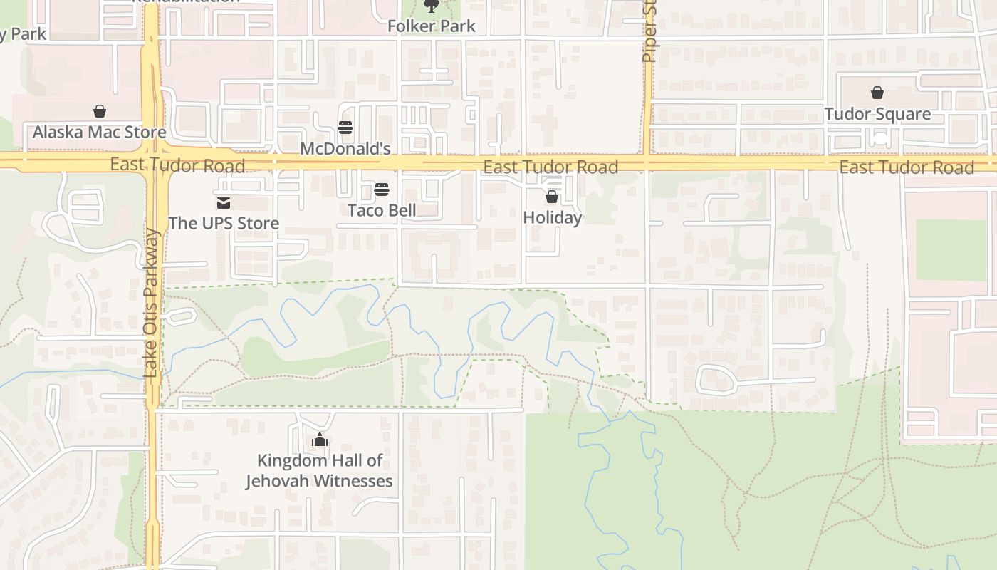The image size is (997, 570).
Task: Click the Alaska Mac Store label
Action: [99, 132]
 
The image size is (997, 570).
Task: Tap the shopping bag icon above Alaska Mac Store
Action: [100, 111]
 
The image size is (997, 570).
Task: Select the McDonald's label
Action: [345, 149]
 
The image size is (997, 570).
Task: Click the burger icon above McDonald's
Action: [345, 128]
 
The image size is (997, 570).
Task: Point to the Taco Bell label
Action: [382, 210]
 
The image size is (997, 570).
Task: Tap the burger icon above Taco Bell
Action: [382, 190]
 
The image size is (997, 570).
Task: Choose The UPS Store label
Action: [224, 223]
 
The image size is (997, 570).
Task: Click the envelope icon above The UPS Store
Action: [224, 204]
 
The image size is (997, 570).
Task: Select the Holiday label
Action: [552, 217]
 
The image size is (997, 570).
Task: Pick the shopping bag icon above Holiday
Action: [552, 197]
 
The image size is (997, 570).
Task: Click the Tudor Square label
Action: [877, 114]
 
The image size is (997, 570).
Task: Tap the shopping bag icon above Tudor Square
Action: [877, 93]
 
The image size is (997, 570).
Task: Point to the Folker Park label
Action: [431, 26]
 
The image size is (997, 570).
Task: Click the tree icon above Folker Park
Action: [431, 6]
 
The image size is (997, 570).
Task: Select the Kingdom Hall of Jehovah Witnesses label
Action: [319, 471]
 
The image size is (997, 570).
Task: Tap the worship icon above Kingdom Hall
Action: [320, 440]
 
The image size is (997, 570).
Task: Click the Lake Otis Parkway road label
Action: [151, 303]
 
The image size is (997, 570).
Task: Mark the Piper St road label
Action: [649, 32]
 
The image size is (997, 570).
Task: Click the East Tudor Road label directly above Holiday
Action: [550, 167]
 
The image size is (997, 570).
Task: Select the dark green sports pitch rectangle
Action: [951, 250]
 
